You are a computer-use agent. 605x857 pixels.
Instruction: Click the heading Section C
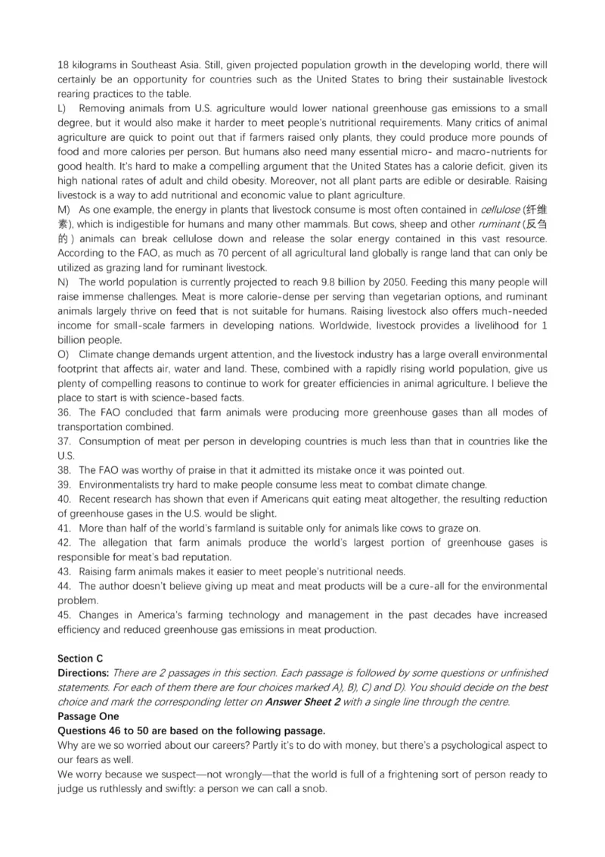point(82,659)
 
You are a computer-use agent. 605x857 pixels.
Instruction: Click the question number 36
point(64,413)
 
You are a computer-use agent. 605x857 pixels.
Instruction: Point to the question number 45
point(64,615)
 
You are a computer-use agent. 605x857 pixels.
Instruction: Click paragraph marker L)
point(63,108)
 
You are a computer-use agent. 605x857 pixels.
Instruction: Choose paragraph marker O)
point(64,354)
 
